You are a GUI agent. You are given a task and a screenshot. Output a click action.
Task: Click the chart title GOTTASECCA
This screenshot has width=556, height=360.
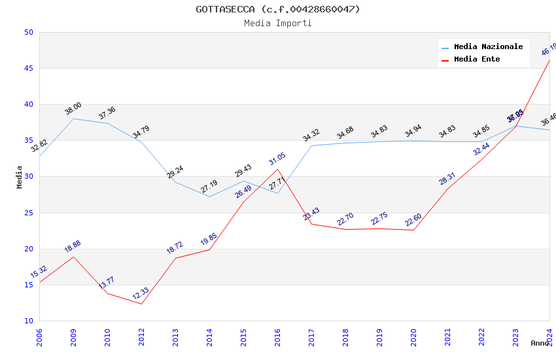click(278, 9)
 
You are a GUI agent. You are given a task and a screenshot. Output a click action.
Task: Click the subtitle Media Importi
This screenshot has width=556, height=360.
click(278, 23)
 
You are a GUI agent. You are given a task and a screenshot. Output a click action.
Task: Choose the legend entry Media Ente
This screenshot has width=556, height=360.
click(477, 59)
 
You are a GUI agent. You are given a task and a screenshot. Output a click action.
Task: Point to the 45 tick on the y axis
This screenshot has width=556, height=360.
click(28, 69)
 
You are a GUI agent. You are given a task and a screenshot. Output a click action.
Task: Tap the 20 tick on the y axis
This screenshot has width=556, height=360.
click(28, 249)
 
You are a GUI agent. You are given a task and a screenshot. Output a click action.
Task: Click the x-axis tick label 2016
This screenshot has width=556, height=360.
click(277, 337)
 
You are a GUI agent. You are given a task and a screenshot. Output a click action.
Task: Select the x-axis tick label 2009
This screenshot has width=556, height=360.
click(73, 337)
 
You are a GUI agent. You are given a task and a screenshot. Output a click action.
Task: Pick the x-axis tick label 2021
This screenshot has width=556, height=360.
click(447, 337)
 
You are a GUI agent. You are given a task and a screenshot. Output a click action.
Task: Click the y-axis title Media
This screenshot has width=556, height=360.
click(20, 177)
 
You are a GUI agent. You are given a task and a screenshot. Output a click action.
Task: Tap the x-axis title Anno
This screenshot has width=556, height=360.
click(540, 343)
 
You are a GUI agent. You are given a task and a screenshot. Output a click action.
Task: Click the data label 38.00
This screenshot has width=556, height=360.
click(73, 109)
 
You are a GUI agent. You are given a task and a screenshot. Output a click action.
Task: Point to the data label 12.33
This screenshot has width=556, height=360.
click(141, 293)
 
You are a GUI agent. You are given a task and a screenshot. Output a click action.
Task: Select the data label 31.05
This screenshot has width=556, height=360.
click(277, 159)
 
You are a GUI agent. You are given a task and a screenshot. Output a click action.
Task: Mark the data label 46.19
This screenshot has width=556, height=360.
click(548, 50)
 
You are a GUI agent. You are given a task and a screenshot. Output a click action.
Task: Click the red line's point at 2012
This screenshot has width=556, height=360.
click(141, 304)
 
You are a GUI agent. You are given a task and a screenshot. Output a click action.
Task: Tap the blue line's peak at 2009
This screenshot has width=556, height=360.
click(73, 118)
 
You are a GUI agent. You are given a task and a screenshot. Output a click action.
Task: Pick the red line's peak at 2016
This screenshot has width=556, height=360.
click(277, 169)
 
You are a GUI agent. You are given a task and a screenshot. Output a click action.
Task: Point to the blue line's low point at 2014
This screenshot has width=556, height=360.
click(209, 196)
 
